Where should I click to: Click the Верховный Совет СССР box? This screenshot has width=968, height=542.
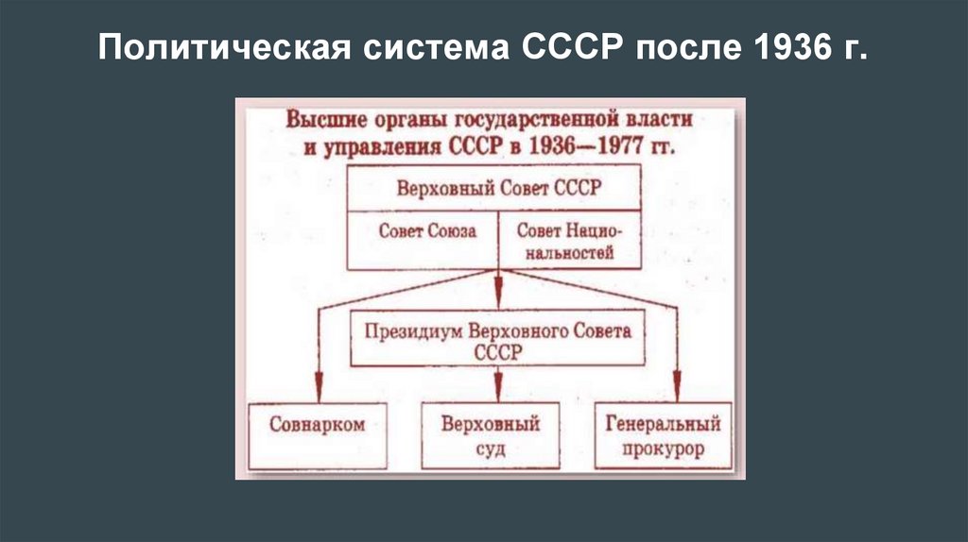tap(496, 187)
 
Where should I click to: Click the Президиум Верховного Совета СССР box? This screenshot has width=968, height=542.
tap(496, 340)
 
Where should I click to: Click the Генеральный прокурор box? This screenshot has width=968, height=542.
tap(664, 434)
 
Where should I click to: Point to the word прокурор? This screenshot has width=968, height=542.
tap(664, 449)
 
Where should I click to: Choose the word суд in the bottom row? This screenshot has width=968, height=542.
tap(491, 449)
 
